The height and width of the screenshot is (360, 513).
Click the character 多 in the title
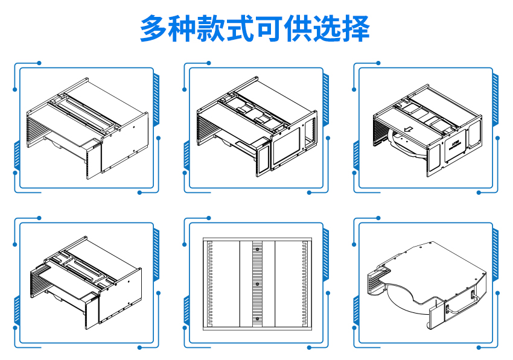pos(155,28)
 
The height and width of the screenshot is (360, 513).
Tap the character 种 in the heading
pos(184,28)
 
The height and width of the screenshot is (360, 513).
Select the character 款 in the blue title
pos(213,28)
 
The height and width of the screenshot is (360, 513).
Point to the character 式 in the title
pos(242,28)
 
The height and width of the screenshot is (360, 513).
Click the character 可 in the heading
pos(271,28)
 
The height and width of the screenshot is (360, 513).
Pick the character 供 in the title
pos(300,28)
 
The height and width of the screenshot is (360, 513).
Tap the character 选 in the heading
pos(329,28)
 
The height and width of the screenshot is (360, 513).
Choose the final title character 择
pos(357,28)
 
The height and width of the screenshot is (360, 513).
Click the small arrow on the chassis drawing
pos(407,128)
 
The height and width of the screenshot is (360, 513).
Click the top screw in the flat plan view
pos(257,249)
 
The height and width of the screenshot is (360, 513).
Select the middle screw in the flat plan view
pos(257,283)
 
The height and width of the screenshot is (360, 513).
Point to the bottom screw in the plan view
pos(257,318)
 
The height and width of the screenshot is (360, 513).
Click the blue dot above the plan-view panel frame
pos(209,217)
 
